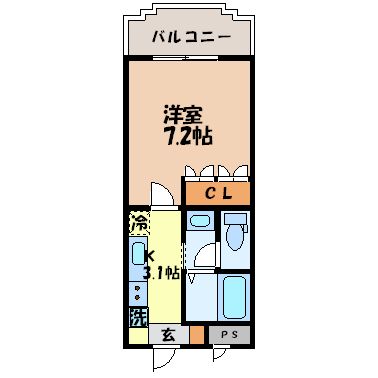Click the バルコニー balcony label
192,37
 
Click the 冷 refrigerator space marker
139,223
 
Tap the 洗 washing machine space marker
137,317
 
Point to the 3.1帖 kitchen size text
160,271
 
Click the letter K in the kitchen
150,255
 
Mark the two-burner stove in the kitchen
137,292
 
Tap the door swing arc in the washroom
203,257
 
